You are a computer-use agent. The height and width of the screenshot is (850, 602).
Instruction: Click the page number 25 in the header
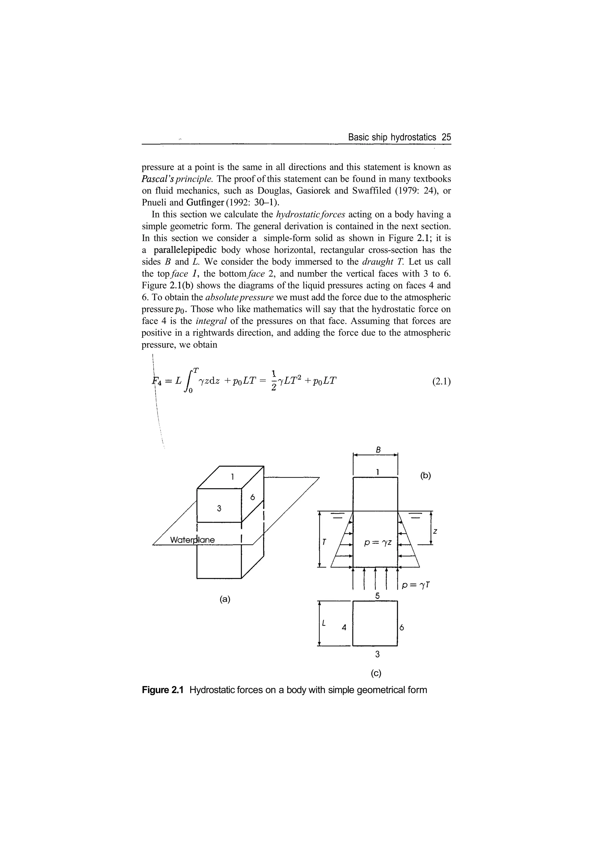(446, 137)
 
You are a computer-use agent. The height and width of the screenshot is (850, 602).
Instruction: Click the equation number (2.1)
(442, 382)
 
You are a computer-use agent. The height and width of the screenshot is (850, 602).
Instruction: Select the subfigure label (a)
(225, 599)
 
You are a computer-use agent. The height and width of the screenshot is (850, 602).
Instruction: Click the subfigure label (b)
(426, 476)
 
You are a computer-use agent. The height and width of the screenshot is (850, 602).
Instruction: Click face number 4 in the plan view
(344, 628)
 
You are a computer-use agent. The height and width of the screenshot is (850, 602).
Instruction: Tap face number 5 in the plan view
(377, 596)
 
